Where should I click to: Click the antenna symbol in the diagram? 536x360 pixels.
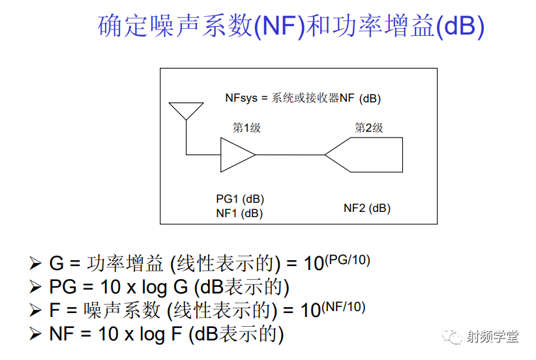click(186, 111)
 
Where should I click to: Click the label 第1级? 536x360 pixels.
click(246, 128)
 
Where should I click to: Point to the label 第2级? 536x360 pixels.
click(368, 128)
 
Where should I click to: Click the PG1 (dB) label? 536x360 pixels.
click(240, 199)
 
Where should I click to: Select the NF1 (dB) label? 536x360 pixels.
click(239, 213)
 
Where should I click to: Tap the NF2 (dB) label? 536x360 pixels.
click(367, 208)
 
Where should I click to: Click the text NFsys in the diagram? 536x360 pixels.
click(241, 98)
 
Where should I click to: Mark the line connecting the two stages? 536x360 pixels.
click(290, 155)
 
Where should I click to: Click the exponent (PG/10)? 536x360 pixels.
click(348, 260)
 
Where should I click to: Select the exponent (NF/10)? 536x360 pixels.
click(343, 307)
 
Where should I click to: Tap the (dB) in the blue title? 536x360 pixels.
click(460, 26)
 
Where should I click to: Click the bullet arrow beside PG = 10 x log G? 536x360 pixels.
click(35, 286)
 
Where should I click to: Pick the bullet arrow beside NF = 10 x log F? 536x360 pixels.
click(35, 334)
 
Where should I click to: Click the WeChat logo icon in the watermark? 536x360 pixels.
click(452, 337)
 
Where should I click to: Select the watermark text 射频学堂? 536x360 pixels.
click(492, 337)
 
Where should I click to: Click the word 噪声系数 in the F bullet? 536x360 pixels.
click(122, 310)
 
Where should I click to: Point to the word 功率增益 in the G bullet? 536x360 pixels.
click(125, 263)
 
